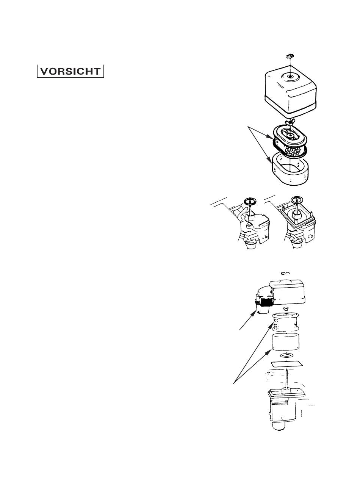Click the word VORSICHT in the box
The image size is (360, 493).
pyautogui.click(x=70, y=72)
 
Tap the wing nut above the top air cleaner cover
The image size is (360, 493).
pyautogui.click(x=290, y=56)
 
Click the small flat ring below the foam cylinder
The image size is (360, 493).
pyautogui.click(x=286, y=356)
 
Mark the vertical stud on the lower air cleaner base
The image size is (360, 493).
pyautogui.click(x=287, y=379)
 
